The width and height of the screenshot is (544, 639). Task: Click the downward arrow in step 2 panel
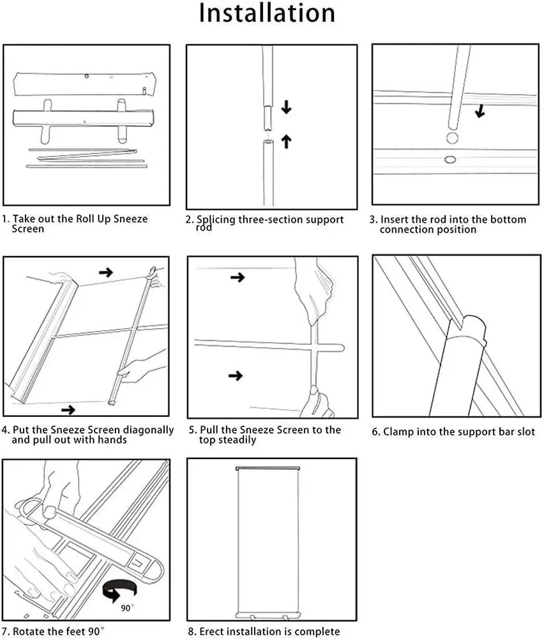coord(286,107)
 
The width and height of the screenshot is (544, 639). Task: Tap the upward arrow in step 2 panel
coord(286,140)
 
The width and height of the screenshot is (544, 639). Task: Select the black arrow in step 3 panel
coord(480,110)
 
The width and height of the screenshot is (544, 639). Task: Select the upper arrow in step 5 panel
coord(237,278)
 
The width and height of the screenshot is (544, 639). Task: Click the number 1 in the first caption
coord(5,219)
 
